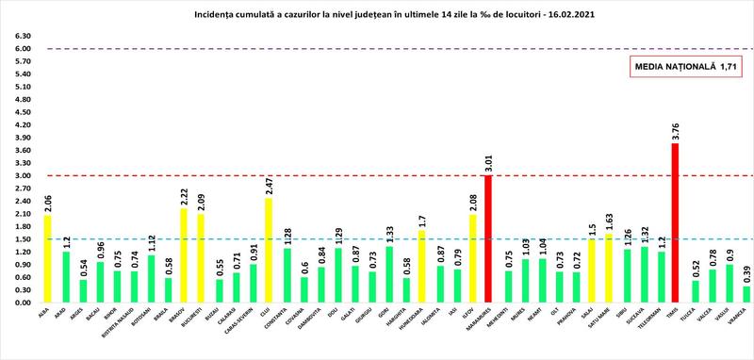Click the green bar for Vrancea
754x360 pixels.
[746, 294]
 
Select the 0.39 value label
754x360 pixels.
[746, 274]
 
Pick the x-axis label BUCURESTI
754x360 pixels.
[201, 317]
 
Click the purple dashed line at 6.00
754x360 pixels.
[377, 48]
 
